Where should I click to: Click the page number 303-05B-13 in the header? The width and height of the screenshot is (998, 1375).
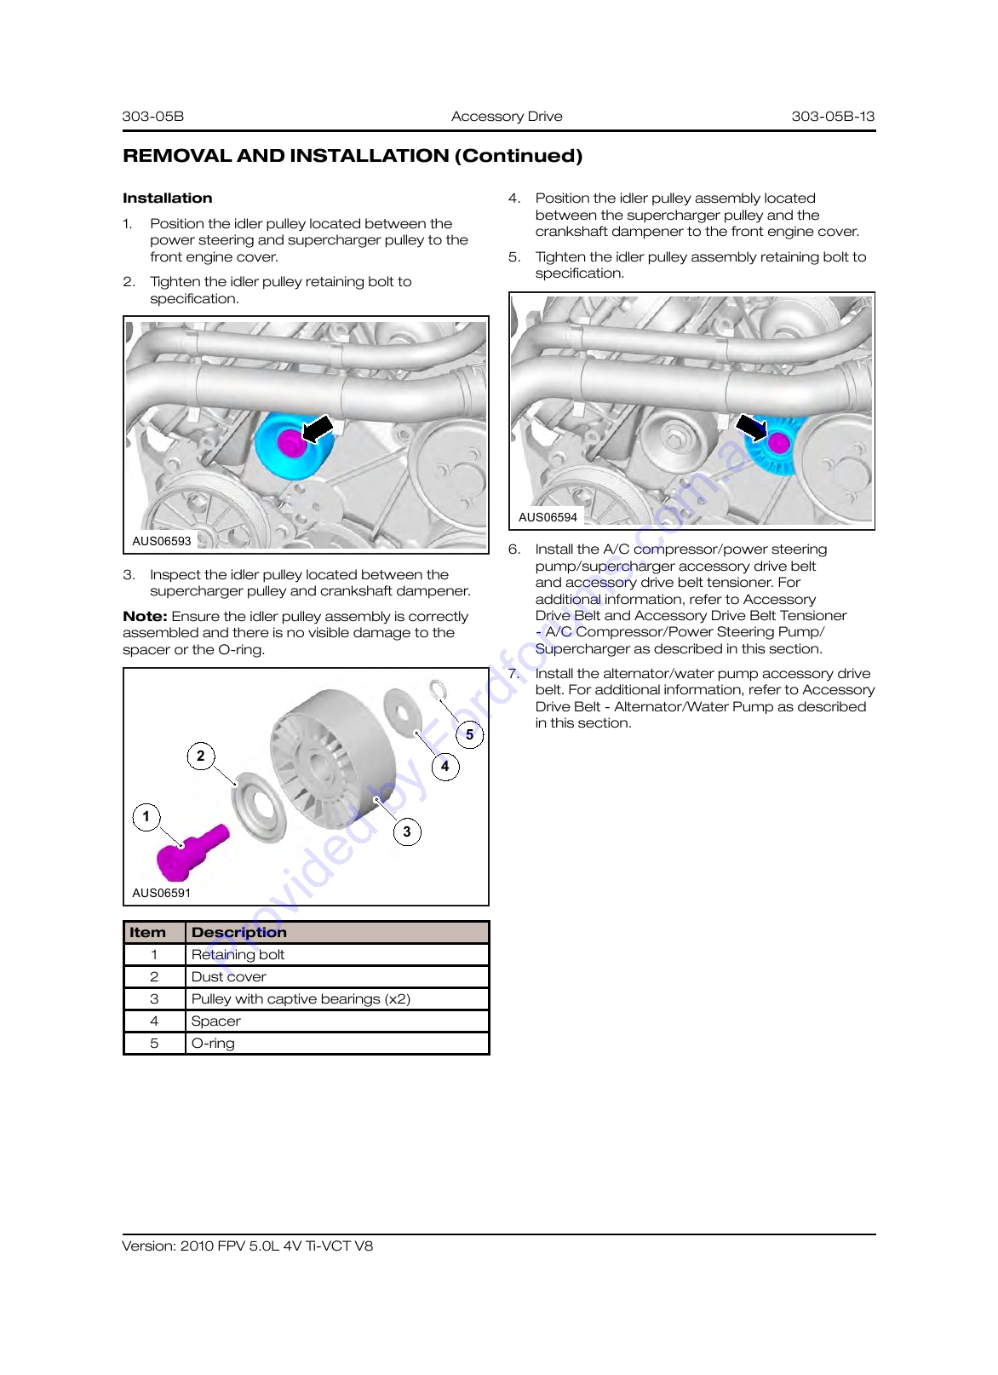833,116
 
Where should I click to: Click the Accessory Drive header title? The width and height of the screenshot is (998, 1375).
506,116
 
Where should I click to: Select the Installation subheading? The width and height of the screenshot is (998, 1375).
168,198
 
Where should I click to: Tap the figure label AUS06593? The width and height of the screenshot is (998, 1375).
161,541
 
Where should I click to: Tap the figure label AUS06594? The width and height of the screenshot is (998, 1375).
548,517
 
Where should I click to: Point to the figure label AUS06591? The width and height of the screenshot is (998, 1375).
161,893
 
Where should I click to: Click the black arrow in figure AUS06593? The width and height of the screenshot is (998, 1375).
318,429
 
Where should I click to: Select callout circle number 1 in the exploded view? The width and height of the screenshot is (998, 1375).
146,816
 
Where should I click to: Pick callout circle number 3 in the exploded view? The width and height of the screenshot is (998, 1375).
407,831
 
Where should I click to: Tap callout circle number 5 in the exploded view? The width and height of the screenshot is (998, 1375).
469,734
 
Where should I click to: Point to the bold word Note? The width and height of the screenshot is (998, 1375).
145,616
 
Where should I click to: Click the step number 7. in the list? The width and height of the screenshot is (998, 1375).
514,673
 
